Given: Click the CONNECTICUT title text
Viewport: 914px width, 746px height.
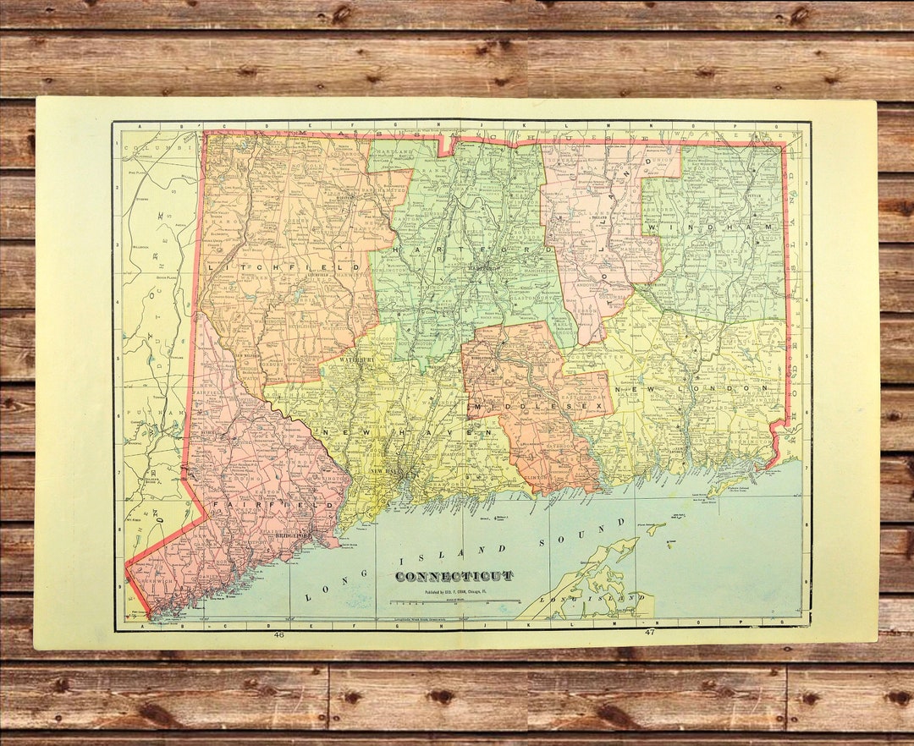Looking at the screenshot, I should (454, 576).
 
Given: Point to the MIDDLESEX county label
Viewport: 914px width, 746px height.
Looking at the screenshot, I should (542, 408).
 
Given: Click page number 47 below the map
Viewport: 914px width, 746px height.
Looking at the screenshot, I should (650, 632).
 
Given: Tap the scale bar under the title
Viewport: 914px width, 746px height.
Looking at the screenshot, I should (454, 602).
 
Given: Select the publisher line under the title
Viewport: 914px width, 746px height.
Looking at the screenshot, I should (454, 592).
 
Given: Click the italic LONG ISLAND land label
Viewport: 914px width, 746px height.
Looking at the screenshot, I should (597, 598).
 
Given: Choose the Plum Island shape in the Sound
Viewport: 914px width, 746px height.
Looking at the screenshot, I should (656, 528).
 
